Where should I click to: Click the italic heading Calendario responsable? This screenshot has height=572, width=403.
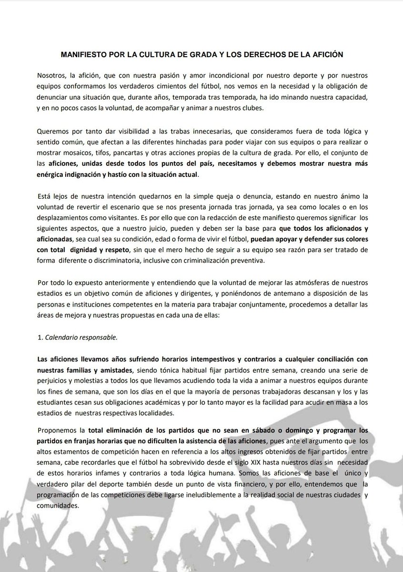pyautogui.click(x=81, y=337)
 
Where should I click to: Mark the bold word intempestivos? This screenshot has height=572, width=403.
pyautogui.click(x=188, y=358)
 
